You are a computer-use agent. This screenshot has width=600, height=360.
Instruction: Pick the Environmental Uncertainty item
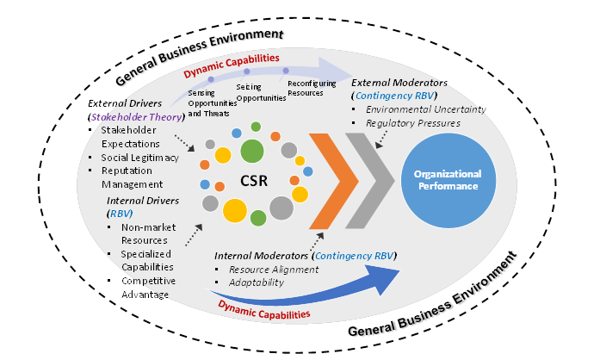click(x=427, y=109)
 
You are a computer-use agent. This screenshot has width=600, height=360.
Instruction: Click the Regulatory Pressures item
click(x=414, y=123)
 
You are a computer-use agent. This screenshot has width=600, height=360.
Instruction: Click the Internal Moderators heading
click(x=263, y=256)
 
